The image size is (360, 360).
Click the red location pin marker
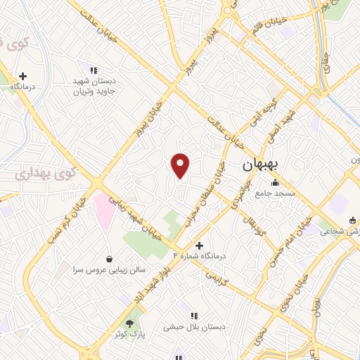181,166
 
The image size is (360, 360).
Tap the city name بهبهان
261,165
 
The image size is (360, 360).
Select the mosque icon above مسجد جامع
276,183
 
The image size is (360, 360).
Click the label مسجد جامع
275,193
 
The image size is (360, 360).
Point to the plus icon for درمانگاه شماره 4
200,246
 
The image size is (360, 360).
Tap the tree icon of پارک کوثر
129,321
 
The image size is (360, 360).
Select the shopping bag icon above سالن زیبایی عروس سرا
109,258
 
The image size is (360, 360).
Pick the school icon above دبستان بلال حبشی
194,316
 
